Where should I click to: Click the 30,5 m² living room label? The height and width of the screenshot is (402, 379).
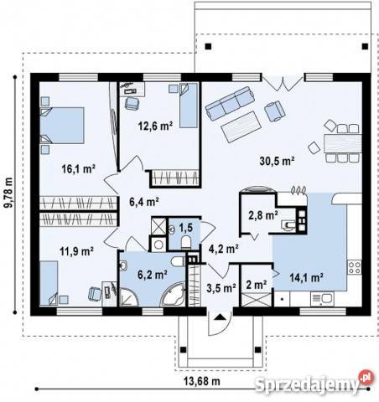coord(277,161)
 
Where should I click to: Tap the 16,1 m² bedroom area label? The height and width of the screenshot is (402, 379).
coord(79,169)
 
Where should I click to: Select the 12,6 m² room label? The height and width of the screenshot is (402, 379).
coord(155,126)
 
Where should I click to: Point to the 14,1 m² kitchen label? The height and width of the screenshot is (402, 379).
coord(307,277)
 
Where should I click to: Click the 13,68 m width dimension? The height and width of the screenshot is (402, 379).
coord(202,381)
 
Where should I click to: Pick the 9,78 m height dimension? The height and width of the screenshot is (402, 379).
coord(8,193)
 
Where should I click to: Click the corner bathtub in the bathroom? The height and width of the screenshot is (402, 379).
coord(174,295)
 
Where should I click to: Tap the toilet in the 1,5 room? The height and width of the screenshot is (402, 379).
coord(186,242)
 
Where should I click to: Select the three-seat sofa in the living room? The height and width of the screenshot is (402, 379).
coord(230,103)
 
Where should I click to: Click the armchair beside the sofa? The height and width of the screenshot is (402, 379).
coord(275,111)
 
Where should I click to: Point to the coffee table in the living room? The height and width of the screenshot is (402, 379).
coord(241,126)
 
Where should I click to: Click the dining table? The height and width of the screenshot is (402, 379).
coord(342,143)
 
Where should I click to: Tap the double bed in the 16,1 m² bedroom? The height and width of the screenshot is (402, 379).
coord(62,126)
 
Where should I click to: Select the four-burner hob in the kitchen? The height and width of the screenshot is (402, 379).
coord(354,267)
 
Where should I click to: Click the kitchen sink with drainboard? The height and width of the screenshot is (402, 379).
coord(322,299)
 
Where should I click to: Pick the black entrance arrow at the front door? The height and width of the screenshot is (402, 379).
coord(221,317)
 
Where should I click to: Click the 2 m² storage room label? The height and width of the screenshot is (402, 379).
coord(256,285)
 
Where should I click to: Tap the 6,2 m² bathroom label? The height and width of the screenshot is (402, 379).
coord(153,275)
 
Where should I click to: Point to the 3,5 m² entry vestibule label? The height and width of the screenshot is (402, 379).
coord(221,287)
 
